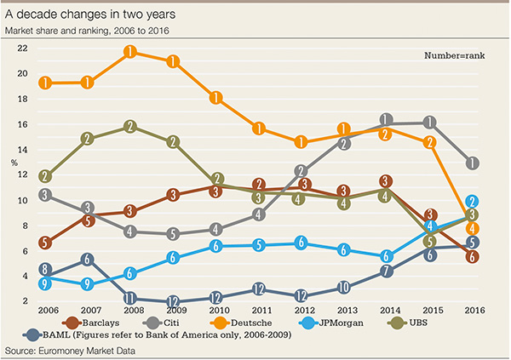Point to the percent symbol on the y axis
pyautogui.click(x=13, y=162)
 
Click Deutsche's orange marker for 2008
pyautogui.click(x=130, y=52)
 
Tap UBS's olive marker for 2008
pyautogui.click(x=130, y=127)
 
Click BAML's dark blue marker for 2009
pyautogui.click(x=173, y=301)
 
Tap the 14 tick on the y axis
pyautogui.click(x=22, y=149)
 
